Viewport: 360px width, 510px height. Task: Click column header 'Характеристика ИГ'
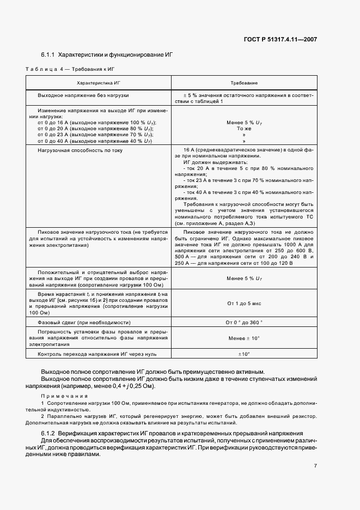99,82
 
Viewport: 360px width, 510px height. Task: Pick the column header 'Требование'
243,82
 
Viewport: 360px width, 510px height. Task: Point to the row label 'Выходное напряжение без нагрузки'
83,95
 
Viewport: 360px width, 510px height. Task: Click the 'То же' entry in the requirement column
243,128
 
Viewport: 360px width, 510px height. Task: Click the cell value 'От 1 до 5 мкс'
243,303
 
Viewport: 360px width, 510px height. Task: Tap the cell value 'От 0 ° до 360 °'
243,323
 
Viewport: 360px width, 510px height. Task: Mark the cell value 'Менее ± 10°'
243,338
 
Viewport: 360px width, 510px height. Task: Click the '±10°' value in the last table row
243,354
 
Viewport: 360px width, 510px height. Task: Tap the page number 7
315,466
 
